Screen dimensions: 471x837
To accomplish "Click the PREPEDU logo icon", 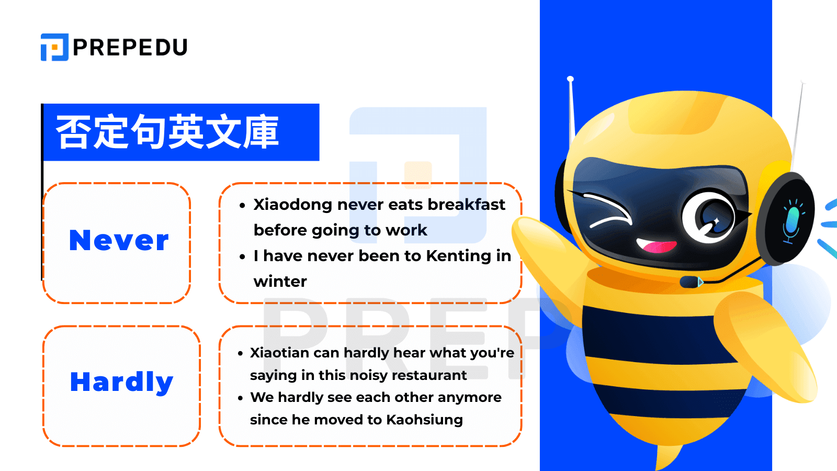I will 54,47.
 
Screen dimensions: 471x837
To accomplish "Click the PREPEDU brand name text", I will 130,48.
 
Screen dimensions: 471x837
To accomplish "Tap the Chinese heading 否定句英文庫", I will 167,132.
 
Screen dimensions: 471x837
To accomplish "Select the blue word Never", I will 119,241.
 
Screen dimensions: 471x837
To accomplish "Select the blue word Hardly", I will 121,382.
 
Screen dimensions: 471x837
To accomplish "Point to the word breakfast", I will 466,205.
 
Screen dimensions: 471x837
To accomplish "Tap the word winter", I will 280,282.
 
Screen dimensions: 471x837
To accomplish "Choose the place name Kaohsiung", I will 424,420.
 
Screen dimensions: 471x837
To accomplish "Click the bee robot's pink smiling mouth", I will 656,245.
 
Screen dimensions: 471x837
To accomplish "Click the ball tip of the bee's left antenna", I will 570,79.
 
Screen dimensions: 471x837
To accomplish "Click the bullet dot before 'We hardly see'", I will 241,398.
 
